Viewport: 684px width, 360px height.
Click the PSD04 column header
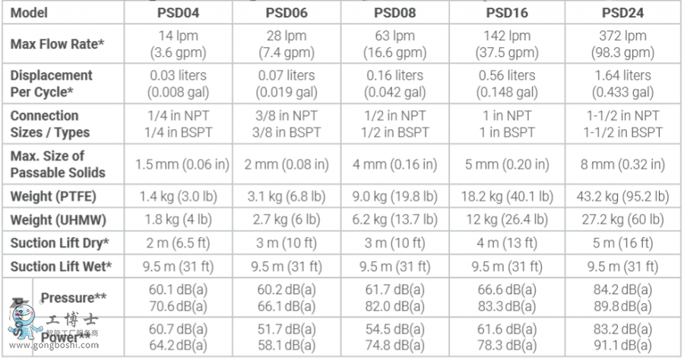click(x=177, y=12)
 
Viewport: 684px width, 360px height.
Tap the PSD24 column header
click(x=622, y=12)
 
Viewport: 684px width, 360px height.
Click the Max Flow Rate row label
click(x=57, y=44)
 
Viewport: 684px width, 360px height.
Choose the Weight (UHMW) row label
click(x=57, y=220)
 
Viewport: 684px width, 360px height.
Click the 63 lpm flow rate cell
click(x=394, y=36)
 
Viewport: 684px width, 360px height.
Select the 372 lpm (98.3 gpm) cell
click(x=622, y=44)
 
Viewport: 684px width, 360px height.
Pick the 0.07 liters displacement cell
click(x=286, y=75)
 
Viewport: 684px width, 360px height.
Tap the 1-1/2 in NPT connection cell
click(x=622, y=115)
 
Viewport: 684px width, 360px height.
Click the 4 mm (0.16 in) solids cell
click(x=394, y=164)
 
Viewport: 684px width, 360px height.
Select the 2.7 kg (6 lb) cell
click(x=286, y=220)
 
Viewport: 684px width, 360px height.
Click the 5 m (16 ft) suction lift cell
click(x=622, y=243)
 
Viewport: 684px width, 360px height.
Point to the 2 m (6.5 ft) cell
click(x=177, y=243)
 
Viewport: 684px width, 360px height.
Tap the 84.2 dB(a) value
click(x=622, y=289)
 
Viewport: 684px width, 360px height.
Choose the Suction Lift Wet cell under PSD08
click(x=394, y=266)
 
